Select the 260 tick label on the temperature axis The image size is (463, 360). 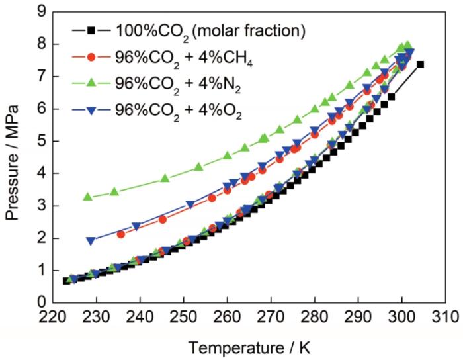pyautogui.click(x=228, y=316)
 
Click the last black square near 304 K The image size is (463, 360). pyautogui.click(x=420, y=64)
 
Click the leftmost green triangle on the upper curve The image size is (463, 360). pyautogui.click(x=87, y=197)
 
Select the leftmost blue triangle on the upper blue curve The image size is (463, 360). pyautogui.click(x=91, y=241)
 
